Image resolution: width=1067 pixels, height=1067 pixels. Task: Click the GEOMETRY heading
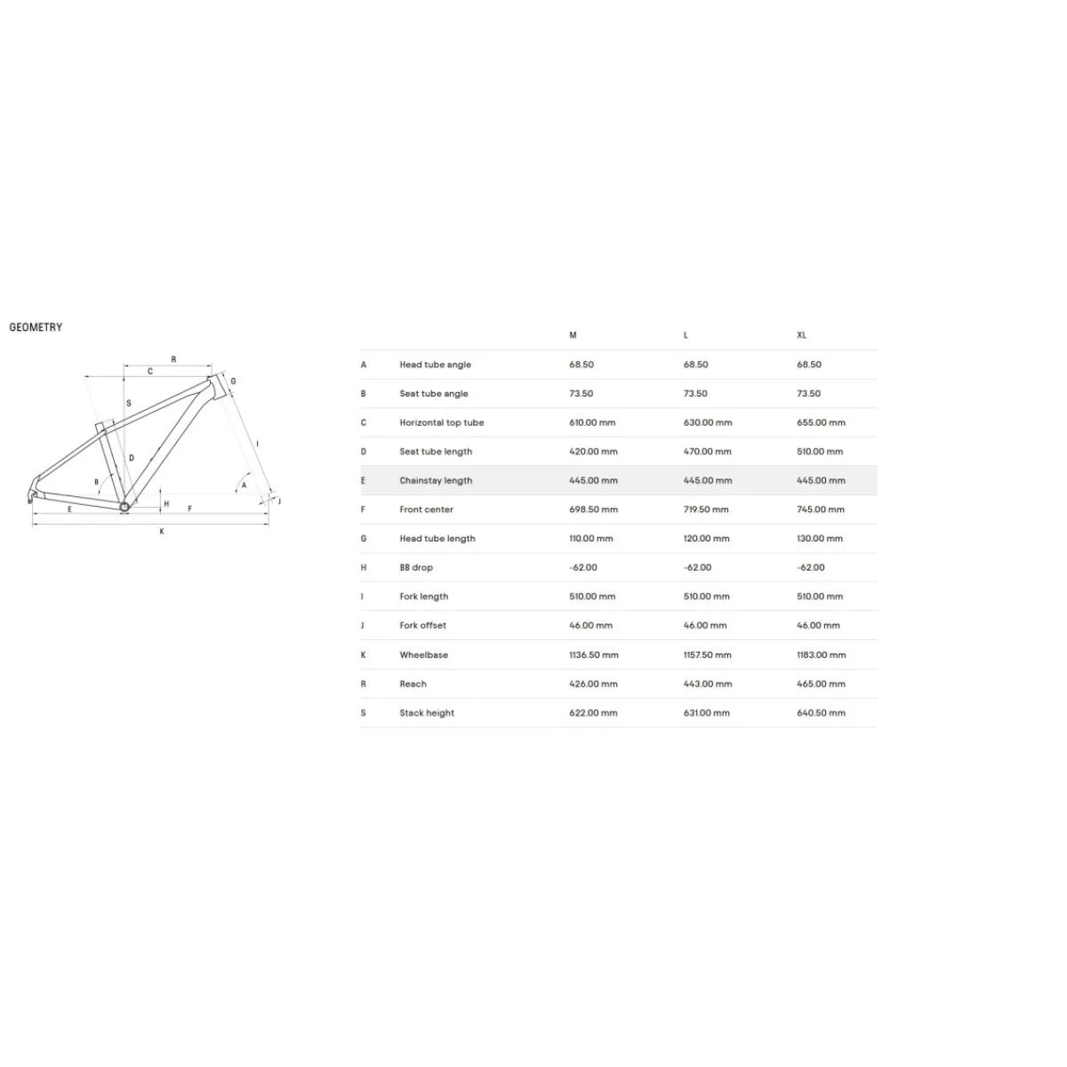pos(36,327)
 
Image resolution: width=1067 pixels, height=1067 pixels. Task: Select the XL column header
pos(801,335)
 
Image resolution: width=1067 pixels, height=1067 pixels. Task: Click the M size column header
pos(573,335)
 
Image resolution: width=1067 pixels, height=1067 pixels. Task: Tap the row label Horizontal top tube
pos(441,422)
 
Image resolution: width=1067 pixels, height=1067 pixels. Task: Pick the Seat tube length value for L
pos(707,452)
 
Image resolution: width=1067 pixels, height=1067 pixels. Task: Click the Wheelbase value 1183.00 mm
pos(822,654)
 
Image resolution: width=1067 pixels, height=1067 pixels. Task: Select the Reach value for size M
pos(593,684)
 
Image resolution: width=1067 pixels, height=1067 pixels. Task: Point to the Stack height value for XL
pos(821,712)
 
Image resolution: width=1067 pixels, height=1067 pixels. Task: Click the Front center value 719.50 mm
pos(706,509)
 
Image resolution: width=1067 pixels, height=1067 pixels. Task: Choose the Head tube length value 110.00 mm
pos(590,538)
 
